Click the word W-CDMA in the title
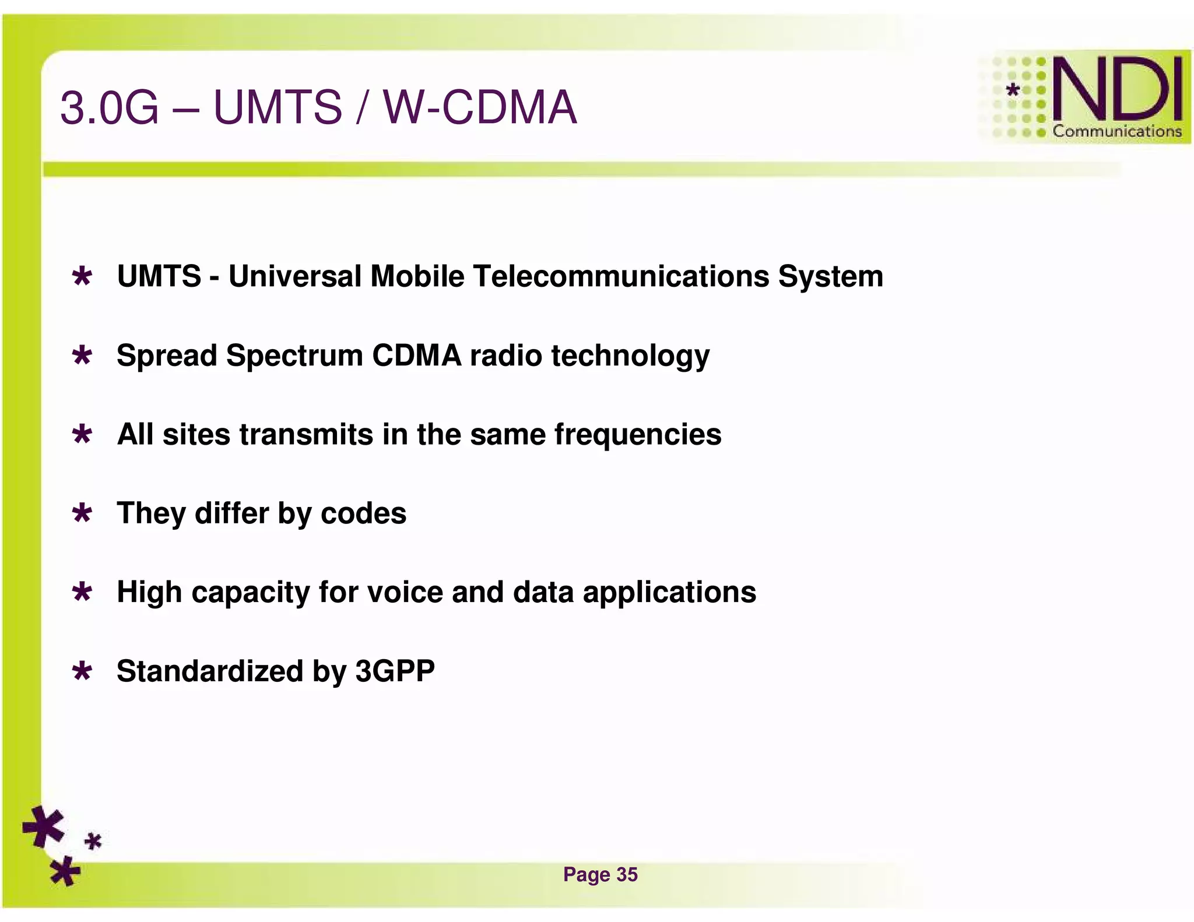(480, 107)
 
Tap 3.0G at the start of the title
(110, 108)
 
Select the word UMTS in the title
(278, 107)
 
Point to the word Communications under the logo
(1116, 131)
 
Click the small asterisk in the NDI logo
(1013, 90)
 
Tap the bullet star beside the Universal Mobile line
(82, 276)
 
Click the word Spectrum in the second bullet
(294, 356)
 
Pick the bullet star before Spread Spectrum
(82, 355)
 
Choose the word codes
(363, 513)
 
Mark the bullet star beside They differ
(82, 513)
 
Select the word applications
(669, 593)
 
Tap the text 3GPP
(395, 671)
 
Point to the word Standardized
(210, 671)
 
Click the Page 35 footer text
(600, 874)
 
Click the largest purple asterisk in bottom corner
(44, 826)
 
